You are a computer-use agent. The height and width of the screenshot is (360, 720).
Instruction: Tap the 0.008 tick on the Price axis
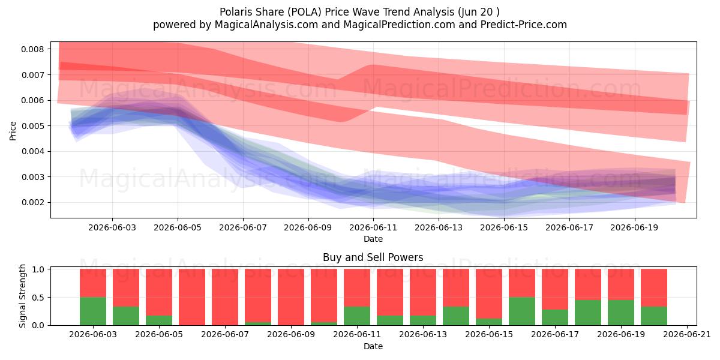coord(32,49)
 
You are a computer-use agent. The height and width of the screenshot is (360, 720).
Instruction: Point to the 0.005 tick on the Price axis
coord(32,125)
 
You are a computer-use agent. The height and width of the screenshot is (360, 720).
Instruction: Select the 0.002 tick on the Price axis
coord(32,203)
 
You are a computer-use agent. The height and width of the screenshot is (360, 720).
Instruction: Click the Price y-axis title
coord(13,131)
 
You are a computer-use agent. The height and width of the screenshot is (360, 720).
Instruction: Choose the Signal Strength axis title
coord(22,296)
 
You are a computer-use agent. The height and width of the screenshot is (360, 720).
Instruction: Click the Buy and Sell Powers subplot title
coord(373,257)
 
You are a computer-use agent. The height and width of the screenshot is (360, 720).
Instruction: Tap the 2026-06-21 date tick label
coord(687,335)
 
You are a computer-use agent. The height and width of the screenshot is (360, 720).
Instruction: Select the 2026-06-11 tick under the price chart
coord(373,227)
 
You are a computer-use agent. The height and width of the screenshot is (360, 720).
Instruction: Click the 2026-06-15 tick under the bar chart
coord(489,335)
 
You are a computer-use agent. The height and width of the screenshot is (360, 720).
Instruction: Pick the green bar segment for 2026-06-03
coord(93,311)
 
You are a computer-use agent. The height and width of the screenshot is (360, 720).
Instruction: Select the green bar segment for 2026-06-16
coord(522,311)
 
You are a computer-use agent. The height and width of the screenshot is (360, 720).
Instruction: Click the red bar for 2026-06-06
coord(192,297)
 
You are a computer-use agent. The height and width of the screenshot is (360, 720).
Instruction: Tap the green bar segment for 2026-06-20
coord(654,316)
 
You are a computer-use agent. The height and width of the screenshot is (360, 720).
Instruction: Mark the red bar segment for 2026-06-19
coord(621,284)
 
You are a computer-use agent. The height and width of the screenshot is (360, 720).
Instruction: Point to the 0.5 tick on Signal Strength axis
coord(40,298)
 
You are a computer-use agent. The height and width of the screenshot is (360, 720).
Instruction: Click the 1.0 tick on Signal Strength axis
coord(40,269)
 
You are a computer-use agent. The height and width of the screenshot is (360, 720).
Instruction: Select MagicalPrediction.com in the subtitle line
coord(399,25)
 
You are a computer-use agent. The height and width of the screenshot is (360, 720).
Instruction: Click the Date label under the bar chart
coord(373,346)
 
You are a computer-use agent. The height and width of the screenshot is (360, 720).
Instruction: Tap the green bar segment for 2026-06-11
coord(357,316)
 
